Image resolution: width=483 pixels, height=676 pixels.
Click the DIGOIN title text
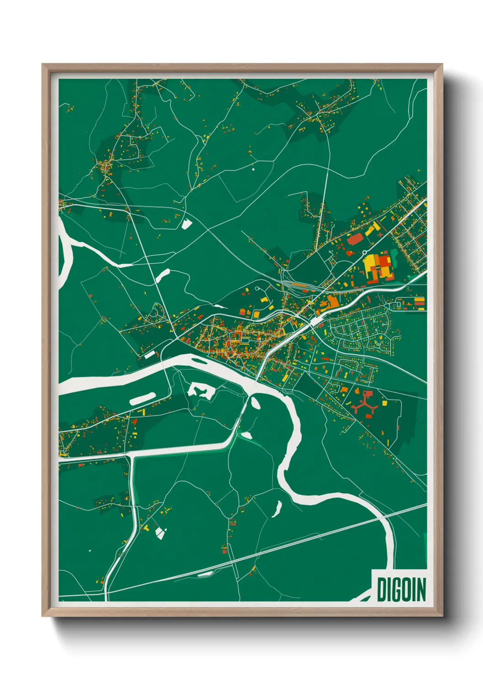[401, 589]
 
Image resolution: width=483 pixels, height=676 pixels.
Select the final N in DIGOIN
[421, 589]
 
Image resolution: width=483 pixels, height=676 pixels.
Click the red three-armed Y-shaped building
[364, 405]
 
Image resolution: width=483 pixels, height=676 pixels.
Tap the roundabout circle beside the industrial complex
[364, 252]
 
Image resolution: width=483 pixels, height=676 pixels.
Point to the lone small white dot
[253, 169]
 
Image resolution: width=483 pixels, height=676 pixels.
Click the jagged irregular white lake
[201, 391]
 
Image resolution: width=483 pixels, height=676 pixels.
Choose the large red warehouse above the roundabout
[355, 239]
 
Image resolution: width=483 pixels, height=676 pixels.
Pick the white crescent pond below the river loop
[277, 508]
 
